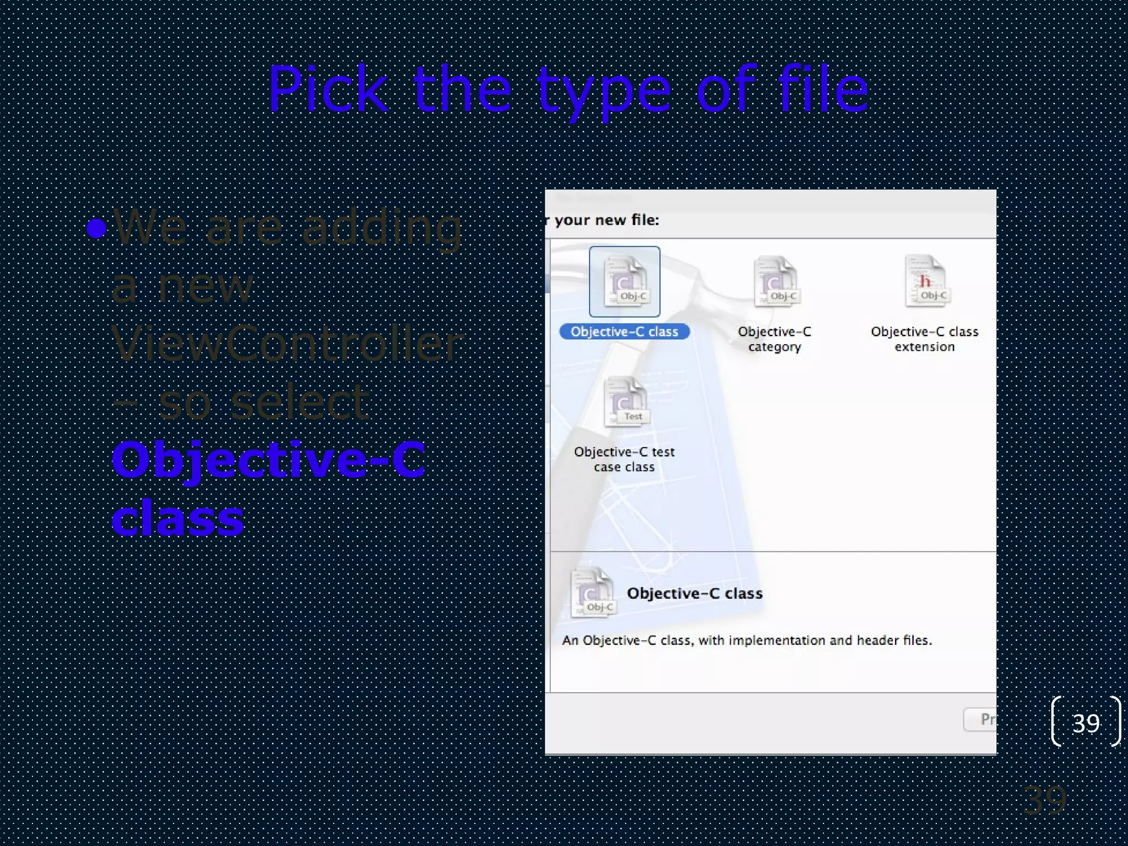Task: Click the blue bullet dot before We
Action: point(96,228)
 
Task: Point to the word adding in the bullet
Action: point(382,228)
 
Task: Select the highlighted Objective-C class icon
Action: point(624,282)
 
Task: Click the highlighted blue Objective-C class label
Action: point(624,332)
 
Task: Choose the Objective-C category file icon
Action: point(775,282)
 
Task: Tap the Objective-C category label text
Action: point(774,339)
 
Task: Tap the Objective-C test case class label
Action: point(624,459)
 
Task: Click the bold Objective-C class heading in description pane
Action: point(695,593)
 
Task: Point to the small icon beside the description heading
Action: point(593,593)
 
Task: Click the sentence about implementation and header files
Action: point(747,640)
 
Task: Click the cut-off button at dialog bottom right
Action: point(981,719)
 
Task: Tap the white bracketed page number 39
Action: point(1086,722)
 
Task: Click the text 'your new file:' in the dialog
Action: point(606,220)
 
